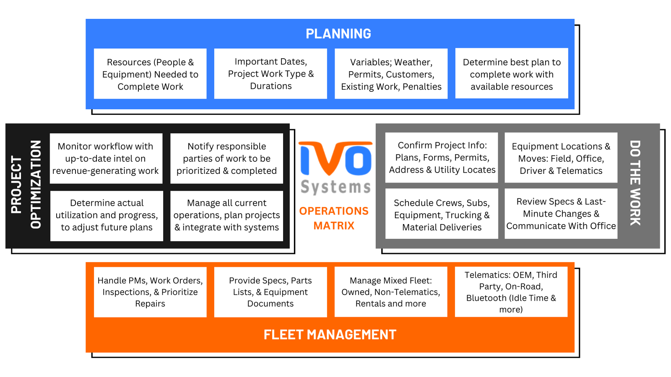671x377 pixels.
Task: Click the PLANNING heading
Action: coord(338,34)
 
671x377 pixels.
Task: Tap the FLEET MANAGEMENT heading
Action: coord(330,335)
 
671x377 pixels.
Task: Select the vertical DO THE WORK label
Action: coord(635,183)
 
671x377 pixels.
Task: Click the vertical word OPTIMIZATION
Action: coord(36,184)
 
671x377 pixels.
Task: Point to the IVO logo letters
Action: coord(335,159)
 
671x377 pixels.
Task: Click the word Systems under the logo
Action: coord(335,186)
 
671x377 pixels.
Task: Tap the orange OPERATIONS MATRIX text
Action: coord(334,218)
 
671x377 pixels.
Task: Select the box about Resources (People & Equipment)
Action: coord(150,74)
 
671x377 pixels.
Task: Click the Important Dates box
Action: coord(270,74)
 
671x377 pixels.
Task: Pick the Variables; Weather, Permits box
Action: coord(391,74)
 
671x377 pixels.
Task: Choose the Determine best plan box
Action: coord(512,74)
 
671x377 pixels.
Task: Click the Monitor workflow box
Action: coord(106,158)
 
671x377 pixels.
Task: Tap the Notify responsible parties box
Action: coord(226,158)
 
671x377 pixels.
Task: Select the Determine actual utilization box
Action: coord(107,215)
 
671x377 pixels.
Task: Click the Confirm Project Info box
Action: coord(442,158)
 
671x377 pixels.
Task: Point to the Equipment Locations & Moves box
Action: coord(561,158)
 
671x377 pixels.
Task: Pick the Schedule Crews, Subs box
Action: coord(442,215)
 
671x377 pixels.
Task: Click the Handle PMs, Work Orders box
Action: coord(150,292)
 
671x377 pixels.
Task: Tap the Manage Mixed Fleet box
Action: coord(390,292)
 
